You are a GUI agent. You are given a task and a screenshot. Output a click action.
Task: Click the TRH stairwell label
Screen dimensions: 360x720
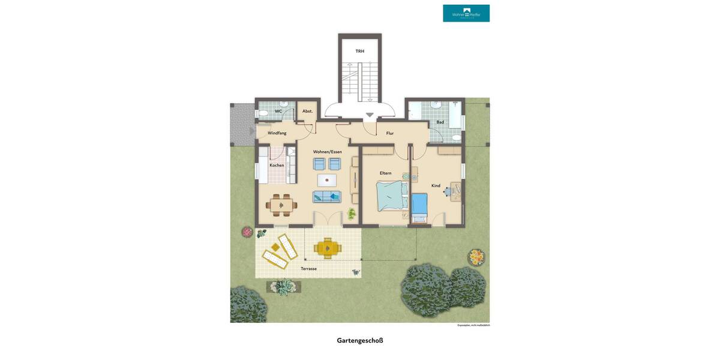pyautogui.click(x=359, y=51)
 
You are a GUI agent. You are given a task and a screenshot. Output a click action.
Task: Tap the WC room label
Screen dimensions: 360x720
pyautogui.click(x=278, y=111)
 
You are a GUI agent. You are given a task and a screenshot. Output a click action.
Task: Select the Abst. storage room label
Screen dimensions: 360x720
pyautogui.click(x=307, y=111)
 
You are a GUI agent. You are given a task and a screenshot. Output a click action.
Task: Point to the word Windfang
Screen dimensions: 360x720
pyautogui.click(x=277, y=133)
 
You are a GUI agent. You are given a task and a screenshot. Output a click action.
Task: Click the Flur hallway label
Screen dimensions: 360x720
pyautogui.click(x=390, y=133)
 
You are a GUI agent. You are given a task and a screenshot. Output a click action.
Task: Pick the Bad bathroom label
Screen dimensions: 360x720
pyautogui.click(x=440, y=122)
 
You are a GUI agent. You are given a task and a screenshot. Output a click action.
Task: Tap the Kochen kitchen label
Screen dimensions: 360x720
pyautogui.click(x=277, y=165)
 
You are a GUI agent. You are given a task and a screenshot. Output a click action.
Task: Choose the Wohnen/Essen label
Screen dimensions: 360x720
pyautogui.click(x=327, y=152)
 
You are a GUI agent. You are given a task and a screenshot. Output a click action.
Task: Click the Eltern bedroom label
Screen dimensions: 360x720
pyautogui.click(x=385, y=173)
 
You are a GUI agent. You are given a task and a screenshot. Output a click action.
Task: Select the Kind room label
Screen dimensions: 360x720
pyautogui.click(x=436, y=185)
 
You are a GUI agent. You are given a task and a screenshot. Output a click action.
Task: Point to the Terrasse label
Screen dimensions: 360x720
pyautogui.click(x=308, y=268)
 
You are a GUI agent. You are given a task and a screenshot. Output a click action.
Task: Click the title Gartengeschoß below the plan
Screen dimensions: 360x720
pyautogui.click(x=360, y=340)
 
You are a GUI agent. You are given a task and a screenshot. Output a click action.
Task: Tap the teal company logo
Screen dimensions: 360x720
pyautogui.click(x=466, y=13)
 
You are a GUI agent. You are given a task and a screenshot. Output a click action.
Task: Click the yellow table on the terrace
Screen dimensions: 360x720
pyautogui.click(x=327, y=247)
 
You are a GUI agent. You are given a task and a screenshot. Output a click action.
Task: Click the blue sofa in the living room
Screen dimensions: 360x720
pyautogui.click(x=327, y=196)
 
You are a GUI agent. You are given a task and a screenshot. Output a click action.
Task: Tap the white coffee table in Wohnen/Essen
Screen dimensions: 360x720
pyautogui.click(x=327, y=179)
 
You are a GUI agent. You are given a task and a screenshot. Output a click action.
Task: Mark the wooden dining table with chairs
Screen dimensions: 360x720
pyautogui.click(x=281, y=205)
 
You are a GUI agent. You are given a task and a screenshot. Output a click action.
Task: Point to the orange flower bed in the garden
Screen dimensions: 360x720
pyautogui.click(x=476, y=257)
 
